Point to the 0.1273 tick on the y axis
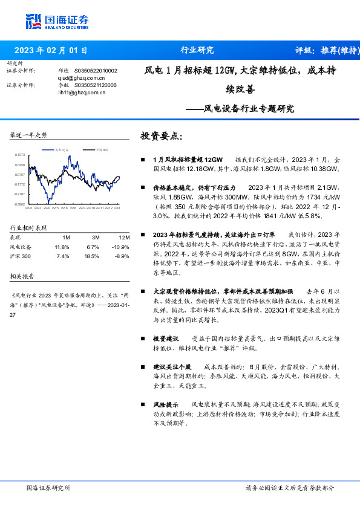coord(20,155)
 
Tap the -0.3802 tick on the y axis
coord(20,204)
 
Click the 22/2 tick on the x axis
coord(28,208)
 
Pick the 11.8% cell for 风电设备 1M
coord(62,247)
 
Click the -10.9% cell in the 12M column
coord(121,247)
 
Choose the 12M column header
coord(124,237)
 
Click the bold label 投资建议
coord(165,339)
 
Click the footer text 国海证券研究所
coord(49,487)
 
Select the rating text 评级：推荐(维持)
coord(324,51)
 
